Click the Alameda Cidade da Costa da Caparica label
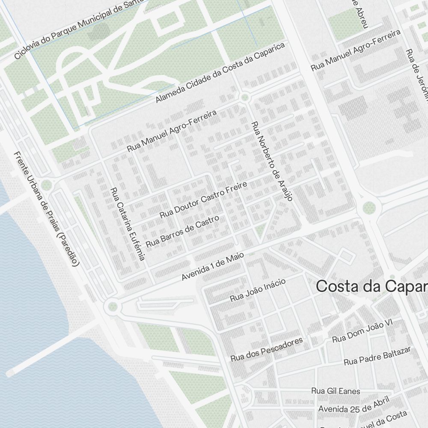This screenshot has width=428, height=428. tap(220, 73)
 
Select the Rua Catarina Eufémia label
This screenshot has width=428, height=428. tap(128, 224)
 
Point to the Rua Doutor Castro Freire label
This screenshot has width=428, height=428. tap(203, 199)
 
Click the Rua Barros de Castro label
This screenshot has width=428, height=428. tap(182, 231)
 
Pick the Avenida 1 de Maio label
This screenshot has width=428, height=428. tap(213, 266)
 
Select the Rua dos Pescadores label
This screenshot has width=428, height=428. tap(267, 349)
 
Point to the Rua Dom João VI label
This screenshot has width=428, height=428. tap(362, 331)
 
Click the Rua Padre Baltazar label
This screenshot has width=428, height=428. tap(377, 356)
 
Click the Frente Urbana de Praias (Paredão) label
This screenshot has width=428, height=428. tap(46, 209)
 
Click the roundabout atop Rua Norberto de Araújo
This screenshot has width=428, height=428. tap(245, 98)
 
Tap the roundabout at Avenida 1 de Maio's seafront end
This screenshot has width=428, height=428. tap(113, 306)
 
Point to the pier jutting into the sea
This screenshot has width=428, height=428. tap(51, 351)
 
